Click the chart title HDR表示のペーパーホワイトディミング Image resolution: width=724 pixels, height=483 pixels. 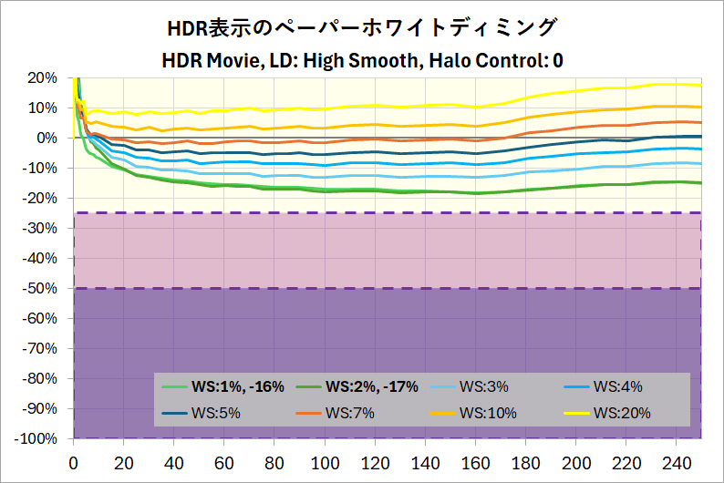coord(362,27)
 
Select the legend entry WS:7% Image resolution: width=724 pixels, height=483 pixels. coord(349,413)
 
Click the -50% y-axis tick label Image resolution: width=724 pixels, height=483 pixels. coord(41,288)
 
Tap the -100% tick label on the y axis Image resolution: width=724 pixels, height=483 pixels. coord(37,438)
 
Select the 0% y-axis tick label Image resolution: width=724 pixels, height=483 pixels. coord(47,138)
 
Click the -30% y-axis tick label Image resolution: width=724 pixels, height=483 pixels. coord(41,228)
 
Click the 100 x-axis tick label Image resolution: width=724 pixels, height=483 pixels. coord(325,462)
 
